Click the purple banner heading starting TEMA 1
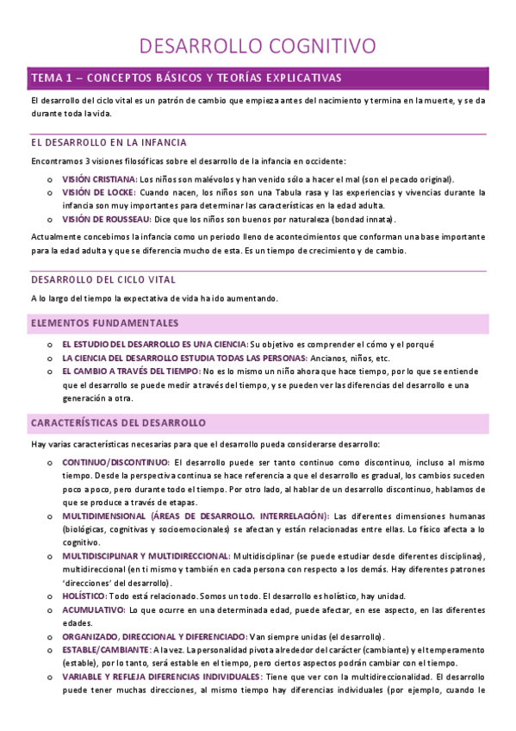click(187, 78)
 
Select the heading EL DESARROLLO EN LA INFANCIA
click(109, 142)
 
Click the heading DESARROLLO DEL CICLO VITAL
click(103, 279)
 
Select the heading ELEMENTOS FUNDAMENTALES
click(104, 323)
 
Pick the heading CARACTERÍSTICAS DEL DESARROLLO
click(118, 423)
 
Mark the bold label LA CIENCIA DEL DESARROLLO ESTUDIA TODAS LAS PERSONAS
click(172, 357)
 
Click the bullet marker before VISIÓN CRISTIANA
click(51, 179)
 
